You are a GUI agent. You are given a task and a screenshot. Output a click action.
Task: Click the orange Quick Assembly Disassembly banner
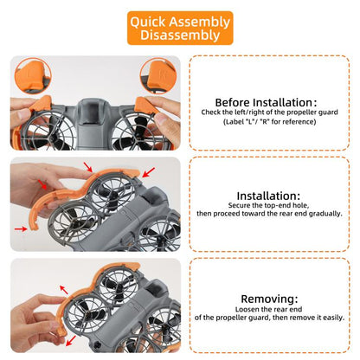(x=180, y=28)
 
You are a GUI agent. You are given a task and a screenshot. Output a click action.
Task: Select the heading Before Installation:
(x=266, y=102)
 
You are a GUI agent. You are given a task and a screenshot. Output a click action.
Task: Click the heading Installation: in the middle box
(x=268, y=196)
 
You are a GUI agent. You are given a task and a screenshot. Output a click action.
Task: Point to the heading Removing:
(x=269, y=299)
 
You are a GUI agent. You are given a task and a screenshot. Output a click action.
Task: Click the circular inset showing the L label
(x=33, y=76)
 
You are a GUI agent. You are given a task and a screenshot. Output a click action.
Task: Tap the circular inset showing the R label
(x=158, y=76)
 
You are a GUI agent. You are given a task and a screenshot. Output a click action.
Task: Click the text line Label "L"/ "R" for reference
(x=270, y=121)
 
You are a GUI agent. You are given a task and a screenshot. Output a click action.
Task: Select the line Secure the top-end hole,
(x=268, y=205)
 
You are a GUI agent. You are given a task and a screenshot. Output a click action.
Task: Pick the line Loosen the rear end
(x=268, y=309)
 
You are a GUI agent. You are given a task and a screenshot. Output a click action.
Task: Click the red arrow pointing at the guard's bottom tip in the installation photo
(x=21, y=228)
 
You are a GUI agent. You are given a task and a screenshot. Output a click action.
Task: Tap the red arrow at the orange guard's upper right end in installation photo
(x=149, y=172)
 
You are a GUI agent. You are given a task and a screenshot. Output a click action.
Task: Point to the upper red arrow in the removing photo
(x=64, y=290)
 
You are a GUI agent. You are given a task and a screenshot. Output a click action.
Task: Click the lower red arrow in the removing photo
(x=71, y=341)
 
